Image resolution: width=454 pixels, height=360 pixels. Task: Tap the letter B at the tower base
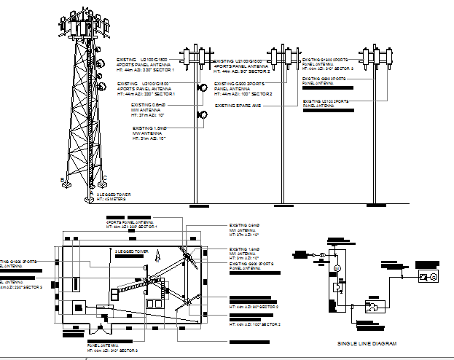(x=62, y=179)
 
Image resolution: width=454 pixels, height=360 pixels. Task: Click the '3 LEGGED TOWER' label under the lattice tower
(x=112, y=195)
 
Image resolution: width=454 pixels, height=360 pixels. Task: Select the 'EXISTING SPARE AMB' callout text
(x=238, y=106)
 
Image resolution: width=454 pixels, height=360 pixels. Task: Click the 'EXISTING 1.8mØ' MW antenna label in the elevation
(x=150, y=128)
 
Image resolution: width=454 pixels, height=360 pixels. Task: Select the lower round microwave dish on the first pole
(x=202, y=114)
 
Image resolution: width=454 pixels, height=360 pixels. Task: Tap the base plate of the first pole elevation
(x=195, y=202)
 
